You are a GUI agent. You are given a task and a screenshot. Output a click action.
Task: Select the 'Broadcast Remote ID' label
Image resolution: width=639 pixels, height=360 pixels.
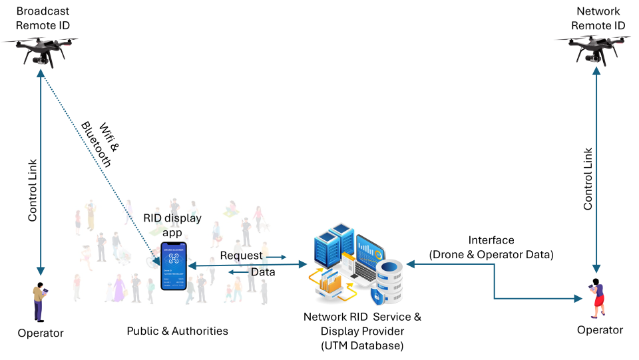click(x=43, y=19)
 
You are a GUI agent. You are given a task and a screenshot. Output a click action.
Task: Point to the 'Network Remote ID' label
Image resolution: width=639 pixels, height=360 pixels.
click(x=598, y=19)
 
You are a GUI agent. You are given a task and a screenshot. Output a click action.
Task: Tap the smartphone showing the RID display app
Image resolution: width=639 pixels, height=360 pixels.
click(x=174, y=266)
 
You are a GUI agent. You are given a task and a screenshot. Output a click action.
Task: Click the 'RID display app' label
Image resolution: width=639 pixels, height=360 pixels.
click(x=172, y=226)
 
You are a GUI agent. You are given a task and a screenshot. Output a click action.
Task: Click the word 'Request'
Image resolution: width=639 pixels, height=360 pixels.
click(x=241, y=256)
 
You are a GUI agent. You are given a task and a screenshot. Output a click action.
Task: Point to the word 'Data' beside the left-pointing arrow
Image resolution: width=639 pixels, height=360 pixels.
click(x=263, y=271)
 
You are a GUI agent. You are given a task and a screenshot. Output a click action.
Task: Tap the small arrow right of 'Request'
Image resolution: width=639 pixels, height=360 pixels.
click(x=276, y=257)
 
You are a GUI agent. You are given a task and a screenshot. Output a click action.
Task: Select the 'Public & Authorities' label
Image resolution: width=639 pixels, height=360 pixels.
click(x=177, y=331)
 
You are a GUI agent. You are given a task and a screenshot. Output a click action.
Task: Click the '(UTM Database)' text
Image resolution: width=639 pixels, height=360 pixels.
click(x=361, y=346)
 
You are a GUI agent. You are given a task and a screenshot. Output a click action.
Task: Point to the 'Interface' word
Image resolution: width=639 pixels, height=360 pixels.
click(x=491, y=240)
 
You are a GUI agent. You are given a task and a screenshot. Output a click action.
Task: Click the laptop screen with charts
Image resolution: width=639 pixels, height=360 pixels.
click(x=369, y=250)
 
